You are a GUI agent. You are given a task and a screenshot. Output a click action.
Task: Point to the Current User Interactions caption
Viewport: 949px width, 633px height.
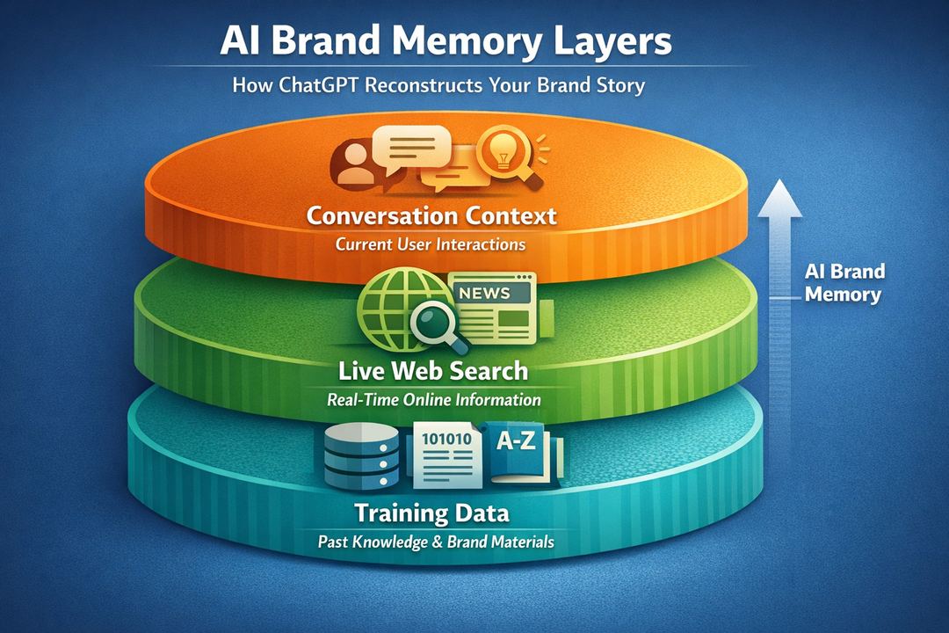click(x=431, y=244)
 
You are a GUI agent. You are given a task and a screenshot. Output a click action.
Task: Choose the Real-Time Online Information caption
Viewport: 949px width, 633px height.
click(x=433, y=399)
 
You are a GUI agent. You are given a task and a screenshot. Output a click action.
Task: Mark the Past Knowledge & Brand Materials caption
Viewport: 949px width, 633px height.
click(x=436, y=542)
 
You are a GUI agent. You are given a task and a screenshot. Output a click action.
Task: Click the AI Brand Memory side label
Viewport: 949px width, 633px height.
click(x=844, y=282)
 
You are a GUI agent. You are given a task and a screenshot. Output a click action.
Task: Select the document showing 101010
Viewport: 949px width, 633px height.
click(x=448, y=456)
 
